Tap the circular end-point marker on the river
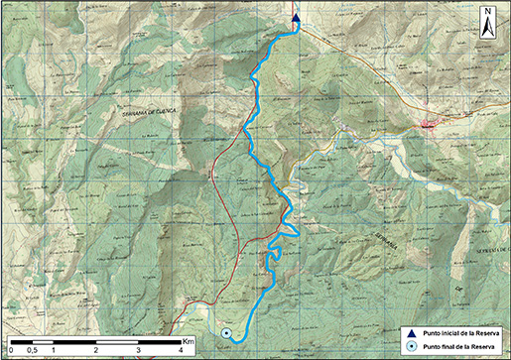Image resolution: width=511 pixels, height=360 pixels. pyautogui.click(x=226, y=333)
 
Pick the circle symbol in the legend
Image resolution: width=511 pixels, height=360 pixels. pyautogui.click(x=412, y=346)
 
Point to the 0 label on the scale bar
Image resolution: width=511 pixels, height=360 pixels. pyautogui.click(x=10, y=350)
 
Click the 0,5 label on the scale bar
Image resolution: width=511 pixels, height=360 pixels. pyautogui.click(x=32, y=350)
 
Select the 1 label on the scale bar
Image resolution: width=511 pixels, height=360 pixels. pyautogui.click(x=53, y=350)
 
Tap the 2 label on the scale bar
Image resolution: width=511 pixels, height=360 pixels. pyautogui.click(x=95, y=350)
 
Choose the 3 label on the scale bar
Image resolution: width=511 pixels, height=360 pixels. pyautogui.click(x=139, y=350)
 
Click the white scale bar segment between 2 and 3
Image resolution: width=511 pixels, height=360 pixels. pyautogui.click(x=117, y=343)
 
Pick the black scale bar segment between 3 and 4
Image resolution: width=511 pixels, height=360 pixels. pyautogui.click(x=160, y=343)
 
